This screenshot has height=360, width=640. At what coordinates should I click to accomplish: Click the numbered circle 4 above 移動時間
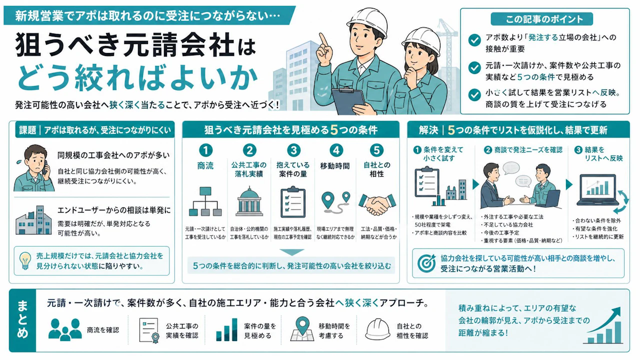pos(335,150)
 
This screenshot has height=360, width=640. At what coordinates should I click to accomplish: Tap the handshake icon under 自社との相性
pos(377,204)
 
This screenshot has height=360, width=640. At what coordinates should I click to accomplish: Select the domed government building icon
pos(249,201)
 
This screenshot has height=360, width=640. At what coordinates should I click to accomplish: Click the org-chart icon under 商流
pos(205,201)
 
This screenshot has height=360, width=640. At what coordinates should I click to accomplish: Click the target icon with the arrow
pos(426,263)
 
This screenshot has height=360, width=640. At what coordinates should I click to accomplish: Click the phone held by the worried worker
pos(45,167)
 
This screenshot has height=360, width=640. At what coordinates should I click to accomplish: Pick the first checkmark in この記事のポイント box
pos(474,40)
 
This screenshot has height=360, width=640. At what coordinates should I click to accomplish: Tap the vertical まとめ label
pos(22,320)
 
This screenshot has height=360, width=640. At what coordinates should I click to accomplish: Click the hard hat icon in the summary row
pos(377,329)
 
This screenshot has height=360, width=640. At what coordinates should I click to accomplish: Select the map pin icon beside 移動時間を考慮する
pos(302,328)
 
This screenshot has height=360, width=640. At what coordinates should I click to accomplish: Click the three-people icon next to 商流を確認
pos(65,329)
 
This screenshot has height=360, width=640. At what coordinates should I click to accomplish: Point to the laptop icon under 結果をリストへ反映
pos(597,189)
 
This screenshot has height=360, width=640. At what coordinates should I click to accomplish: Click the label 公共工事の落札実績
pos(249,169)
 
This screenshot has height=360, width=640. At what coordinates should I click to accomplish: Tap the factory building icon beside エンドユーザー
pos(33,220)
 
